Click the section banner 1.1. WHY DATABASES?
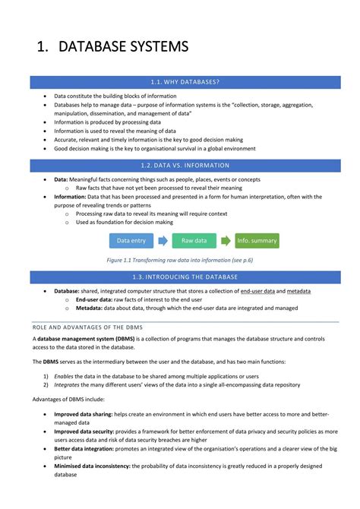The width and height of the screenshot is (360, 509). pos(185,81)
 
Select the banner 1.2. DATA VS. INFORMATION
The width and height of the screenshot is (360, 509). pos(185,165)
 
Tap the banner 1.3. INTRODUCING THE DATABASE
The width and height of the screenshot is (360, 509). pos(185,277)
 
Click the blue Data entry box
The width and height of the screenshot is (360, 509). pos(131,241)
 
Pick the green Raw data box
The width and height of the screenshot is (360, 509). pos(194,241)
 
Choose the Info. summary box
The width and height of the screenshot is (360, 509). pos(257,241)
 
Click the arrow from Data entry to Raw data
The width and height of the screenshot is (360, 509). pos(163,241)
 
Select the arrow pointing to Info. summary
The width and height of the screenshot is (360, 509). pos(226,241)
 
